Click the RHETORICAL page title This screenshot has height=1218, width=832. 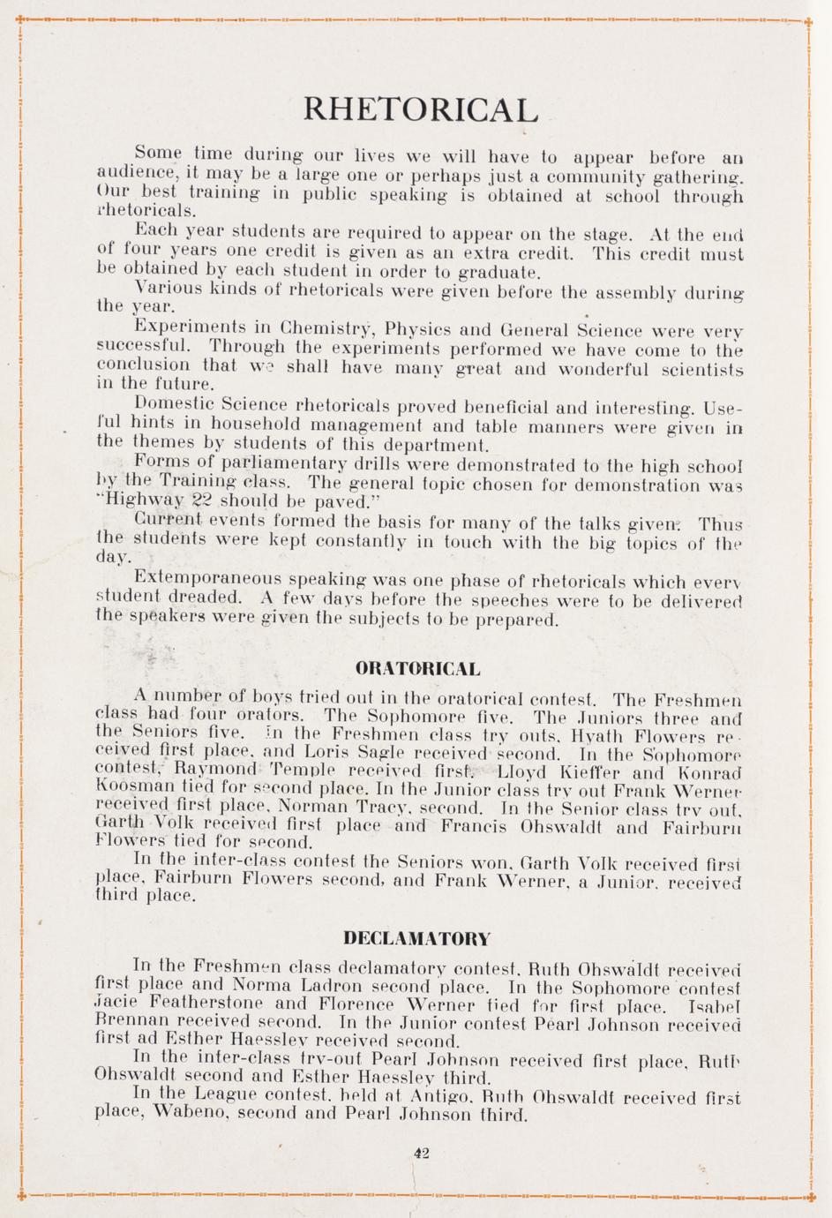(420, 109)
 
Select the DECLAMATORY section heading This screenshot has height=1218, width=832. (416, 937)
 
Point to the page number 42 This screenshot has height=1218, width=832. (420, 1151)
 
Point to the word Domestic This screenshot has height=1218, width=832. (173, 404)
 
